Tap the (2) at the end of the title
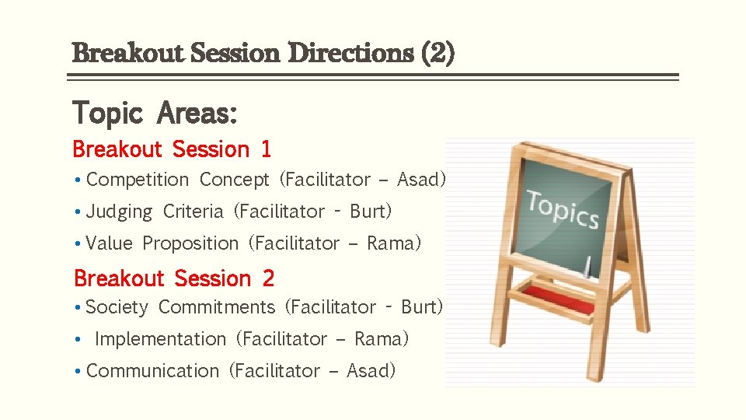coord(438,54)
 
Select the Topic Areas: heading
coord(155,114)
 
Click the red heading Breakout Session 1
coord(172,149)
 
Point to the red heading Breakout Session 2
coord(174,278)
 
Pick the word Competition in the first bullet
coord(138,180)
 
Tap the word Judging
coord(120,212)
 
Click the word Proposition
coord(190,243)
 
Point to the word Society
coord(117,307)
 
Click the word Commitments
coord(217,307)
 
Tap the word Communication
coord(153,371)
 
